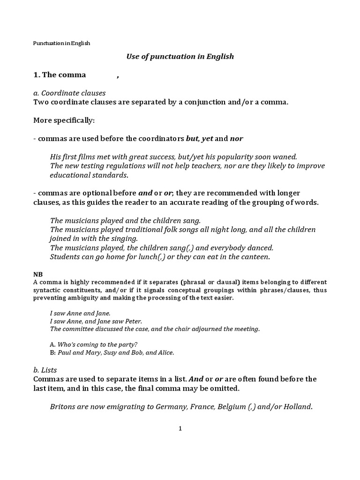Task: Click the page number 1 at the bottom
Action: tap(180, 428)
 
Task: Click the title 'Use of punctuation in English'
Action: tap(180, 57)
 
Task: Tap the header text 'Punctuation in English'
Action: tap(61, 43)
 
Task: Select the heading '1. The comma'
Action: tap(60, 75)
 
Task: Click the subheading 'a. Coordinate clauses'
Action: tap(69, 93)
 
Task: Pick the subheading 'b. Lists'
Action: tap(45, 370)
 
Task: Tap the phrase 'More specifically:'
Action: tap(64, 120)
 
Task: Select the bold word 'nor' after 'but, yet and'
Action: tap(237, 139)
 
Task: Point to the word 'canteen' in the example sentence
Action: tap(256, 257)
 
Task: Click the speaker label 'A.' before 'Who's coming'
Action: tap(52, 344)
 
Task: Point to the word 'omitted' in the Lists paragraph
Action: tap(225, 388)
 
